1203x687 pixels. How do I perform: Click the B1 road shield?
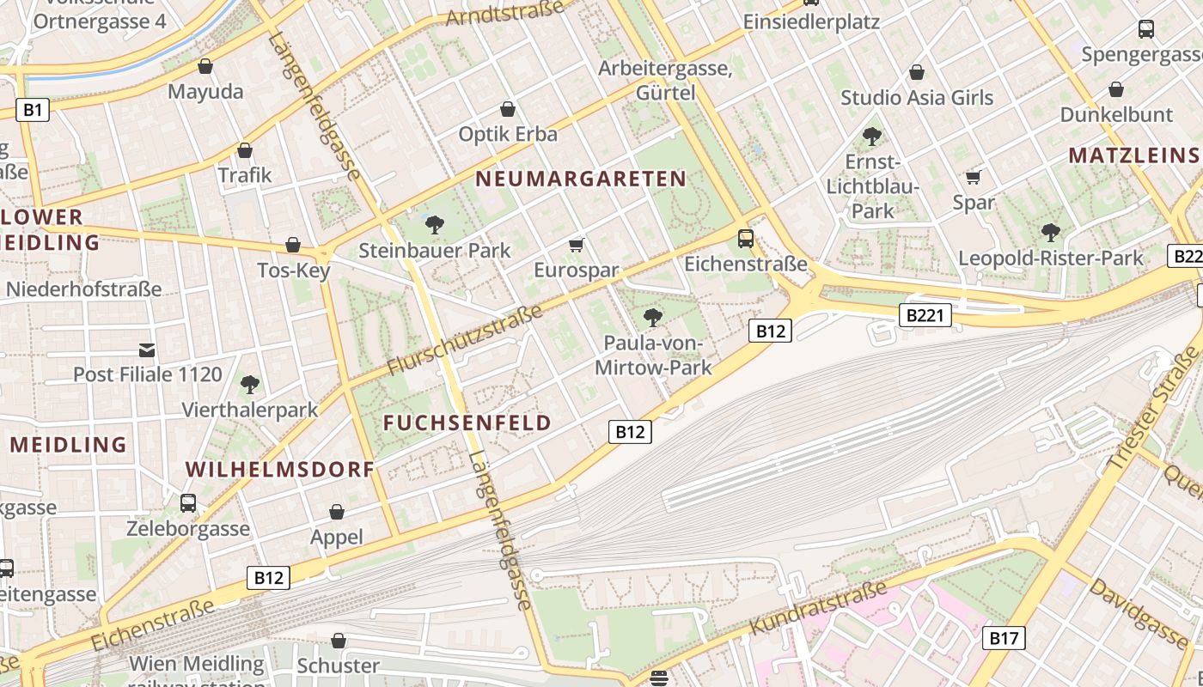pos(32,109)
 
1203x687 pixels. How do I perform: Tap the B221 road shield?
pos(925,315)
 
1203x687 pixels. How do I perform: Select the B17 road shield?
pos(1003,637)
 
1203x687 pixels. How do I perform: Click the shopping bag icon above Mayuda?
pos(205,66)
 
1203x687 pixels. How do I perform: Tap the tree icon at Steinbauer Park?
pos(435,225)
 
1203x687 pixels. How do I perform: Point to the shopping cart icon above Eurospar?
pos(577,246)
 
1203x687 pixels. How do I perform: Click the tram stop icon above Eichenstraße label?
pos(746,239)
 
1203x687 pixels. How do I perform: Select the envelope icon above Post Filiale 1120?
pos(147,350)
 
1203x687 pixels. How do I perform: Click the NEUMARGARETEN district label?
pos(581,179)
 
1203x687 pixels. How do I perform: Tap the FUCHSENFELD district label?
pos(467,423)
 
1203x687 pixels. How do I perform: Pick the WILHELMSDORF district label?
pos(280,469)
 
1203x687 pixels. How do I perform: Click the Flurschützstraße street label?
pos(465,340)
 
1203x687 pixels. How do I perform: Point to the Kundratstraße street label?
pos(818,608)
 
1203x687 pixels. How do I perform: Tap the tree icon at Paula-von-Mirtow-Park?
pos(653,318)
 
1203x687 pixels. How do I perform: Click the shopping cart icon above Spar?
pos(974,177)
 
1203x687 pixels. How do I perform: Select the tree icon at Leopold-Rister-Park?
pos(1050,232)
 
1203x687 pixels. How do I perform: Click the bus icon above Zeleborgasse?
pos(188,502)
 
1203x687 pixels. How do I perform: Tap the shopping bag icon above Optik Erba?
pos(508,109)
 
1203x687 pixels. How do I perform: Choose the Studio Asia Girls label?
pos(917,98)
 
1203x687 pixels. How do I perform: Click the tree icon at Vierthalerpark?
pos(250,384)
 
